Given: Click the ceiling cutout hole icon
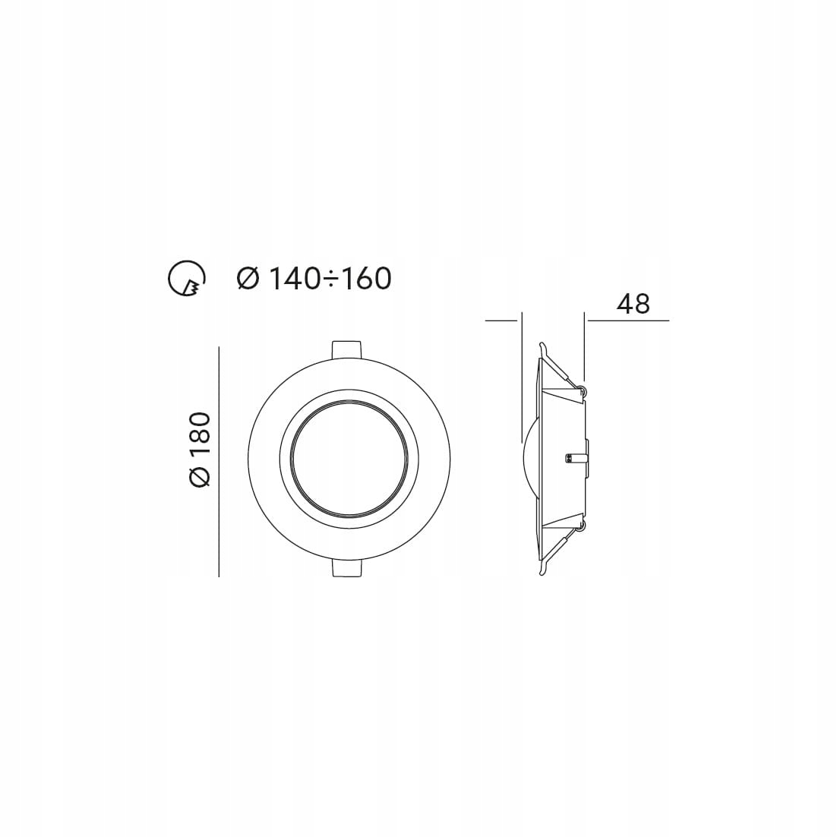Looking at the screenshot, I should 185,279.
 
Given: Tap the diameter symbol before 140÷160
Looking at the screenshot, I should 248,279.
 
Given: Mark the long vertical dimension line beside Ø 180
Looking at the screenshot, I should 219,462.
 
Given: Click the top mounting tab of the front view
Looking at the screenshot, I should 346,348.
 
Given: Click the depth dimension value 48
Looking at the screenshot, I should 633,304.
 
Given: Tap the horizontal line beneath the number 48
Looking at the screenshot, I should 627,321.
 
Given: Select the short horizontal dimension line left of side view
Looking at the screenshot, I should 501,321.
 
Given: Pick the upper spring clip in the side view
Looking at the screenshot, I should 560,366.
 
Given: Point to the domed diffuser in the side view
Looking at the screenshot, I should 529,458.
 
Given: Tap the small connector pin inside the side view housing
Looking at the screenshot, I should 573,458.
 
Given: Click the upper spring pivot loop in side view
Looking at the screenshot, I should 582,390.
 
